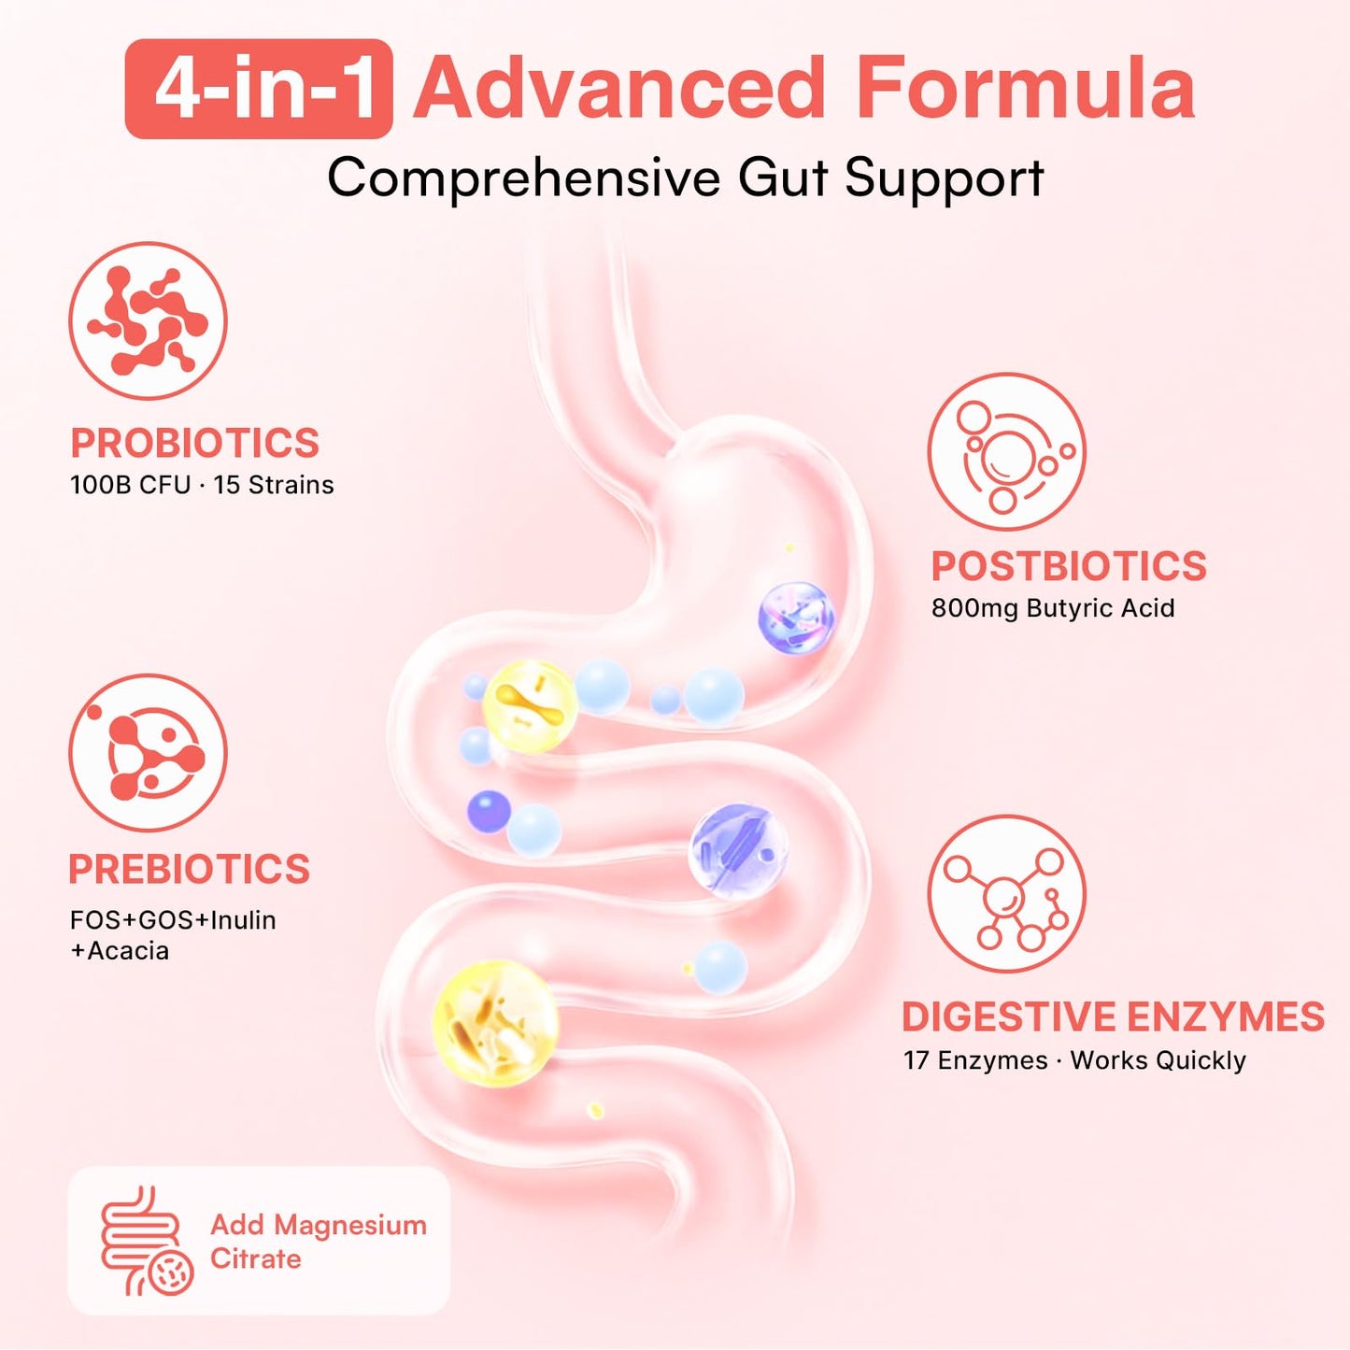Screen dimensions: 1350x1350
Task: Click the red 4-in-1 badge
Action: (259, 89)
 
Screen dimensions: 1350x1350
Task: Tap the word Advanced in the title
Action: (620, 89)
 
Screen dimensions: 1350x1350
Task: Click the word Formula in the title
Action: (1027, 89)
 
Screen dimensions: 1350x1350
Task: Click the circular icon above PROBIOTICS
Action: (148, 320)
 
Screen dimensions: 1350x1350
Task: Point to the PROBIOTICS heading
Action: (194, 443)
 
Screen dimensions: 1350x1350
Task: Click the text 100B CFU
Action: (130, 485)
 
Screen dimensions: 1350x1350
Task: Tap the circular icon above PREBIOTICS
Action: (148, 753)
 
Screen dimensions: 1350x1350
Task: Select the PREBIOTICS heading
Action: (189, 869)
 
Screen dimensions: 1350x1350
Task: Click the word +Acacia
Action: (120, 951)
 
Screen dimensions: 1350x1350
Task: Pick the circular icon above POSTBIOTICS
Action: (1007, 452)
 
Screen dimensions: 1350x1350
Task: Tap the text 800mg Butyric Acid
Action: (1053, 607)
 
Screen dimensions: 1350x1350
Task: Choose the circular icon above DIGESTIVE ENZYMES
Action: (1007, 894)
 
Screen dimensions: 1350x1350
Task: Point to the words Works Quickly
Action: (1158, 1060)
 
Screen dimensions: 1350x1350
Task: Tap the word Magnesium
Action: (349, 1226)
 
